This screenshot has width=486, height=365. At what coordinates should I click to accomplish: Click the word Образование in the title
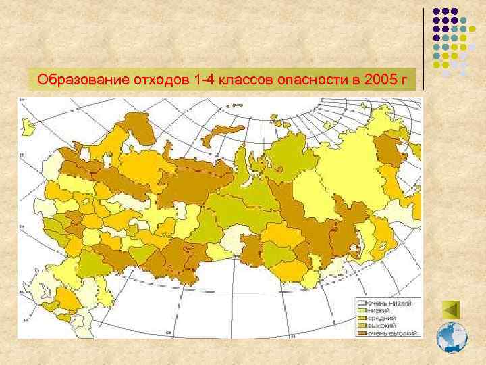pyautogui.click(x=74, y=80)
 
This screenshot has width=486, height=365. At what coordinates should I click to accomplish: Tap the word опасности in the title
pyautogui.click(x=307, y=80)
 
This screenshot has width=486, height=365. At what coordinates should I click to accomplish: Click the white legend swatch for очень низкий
pyautogui.click(x=361, y=303)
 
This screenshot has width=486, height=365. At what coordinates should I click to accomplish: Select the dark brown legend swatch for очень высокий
pyautogui.click(x=361, y=333)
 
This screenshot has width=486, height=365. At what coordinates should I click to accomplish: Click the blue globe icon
pyautogui.click(x=452, y=337)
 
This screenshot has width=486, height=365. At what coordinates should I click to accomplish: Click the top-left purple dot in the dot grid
pyautogui.click(x=437, y=12)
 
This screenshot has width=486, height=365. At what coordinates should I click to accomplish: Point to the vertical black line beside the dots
pyautogui.click(x=424, y=47)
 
